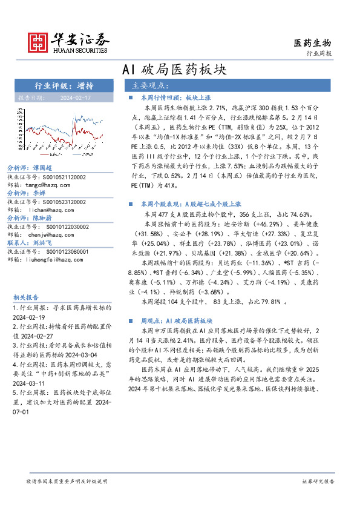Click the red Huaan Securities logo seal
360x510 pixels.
coord(38,42)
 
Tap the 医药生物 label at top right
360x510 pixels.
coord(312,42)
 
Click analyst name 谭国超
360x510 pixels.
coord(41,168)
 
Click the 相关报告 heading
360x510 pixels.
coord(26,297)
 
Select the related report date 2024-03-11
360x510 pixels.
coord(31,383)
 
